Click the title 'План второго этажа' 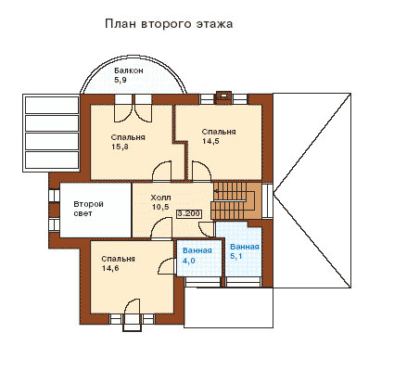pos(169,24)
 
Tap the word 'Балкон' pos(129,70)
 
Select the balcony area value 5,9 pos(121,80)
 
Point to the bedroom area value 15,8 pos(120,147)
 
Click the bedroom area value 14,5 pos(210,141)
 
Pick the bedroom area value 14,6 pos(110,268)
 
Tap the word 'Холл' pos(160,198)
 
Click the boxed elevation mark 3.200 pos(189,214)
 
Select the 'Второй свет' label pos(88,209)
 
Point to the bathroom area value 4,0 pos(188,261)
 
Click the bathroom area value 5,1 pos(236,256)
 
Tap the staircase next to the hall pos(236,200)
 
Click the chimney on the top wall pos(223,96)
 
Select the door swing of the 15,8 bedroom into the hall pos(162,170)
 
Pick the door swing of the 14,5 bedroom pos(201,171)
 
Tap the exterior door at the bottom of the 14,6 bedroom pos(133,307)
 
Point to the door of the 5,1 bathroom pos(207,229)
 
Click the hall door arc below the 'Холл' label pos(161,228)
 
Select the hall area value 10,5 pos(160,207)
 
